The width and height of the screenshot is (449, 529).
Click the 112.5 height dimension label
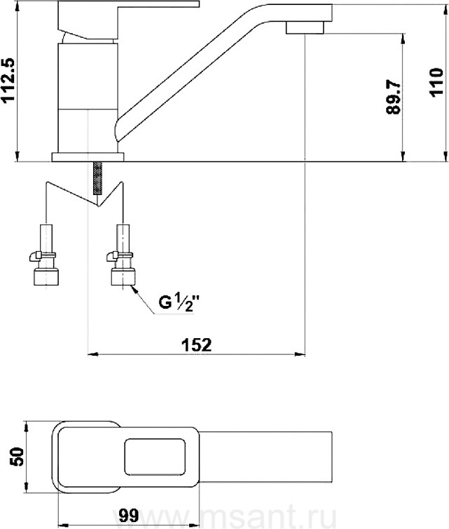9,79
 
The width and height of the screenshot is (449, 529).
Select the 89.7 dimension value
393,97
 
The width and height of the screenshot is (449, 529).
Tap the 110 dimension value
436,83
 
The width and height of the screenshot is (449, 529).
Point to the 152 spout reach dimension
196,344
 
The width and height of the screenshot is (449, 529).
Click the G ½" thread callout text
177,302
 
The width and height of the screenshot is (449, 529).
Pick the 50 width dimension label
17,457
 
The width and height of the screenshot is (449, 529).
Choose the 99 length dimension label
129,515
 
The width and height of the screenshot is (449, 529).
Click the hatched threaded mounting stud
97,178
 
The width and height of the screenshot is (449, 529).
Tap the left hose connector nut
46,276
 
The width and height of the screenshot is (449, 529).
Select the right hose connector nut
123,276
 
